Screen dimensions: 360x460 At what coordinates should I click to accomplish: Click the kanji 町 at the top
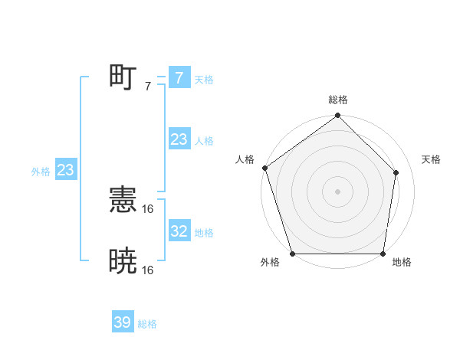123,77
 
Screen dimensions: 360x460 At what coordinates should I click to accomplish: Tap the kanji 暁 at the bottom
123,261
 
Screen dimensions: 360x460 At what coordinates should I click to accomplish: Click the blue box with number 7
179,77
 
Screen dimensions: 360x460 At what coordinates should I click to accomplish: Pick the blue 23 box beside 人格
179,139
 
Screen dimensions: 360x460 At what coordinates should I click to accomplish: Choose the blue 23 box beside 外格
65,170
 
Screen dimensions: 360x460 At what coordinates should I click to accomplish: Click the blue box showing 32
179,231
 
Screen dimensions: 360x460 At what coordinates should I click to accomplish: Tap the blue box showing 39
122,322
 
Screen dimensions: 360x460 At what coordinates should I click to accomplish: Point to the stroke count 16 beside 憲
148,208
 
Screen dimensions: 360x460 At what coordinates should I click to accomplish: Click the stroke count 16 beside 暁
148,270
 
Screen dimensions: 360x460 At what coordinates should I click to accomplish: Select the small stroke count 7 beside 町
147,86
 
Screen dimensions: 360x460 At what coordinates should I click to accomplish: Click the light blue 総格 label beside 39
147,324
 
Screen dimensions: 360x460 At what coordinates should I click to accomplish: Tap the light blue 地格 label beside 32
204,233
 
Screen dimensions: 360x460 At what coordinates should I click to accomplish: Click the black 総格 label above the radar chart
338,100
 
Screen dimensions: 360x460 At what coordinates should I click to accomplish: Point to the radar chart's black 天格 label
431,159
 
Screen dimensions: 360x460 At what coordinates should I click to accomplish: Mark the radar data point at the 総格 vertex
338,116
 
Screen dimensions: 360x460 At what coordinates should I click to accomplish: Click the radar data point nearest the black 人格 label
264,168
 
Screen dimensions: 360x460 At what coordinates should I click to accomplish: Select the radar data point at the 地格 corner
383,254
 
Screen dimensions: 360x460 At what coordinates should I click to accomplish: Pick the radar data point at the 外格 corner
293,254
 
